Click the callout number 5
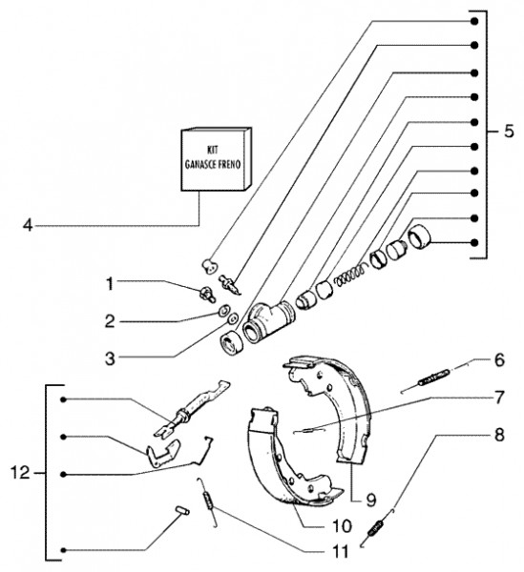pos(509,132)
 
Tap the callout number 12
pos(20,473)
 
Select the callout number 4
pos(28,225)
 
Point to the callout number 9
pos(371,500)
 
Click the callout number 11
pos(340,551)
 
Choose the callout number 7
pos(499,397)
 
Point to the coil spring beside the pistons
pos(349,276)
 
